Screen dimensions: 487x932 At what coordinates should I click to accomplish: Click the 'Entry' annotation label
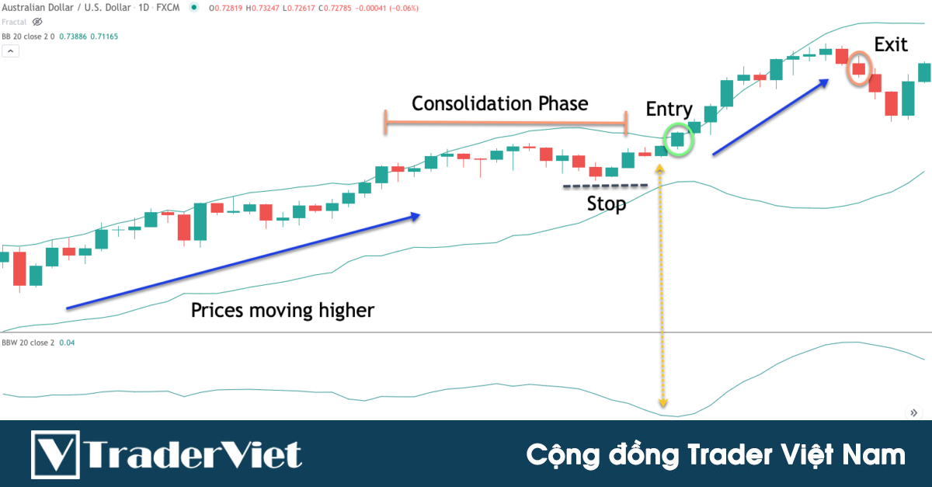(669, 110)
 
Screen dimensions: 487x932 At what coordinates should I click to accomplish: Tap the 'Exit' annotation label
(891, 44)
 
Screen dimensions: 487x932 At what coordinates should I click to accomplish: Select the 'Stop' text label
(607, 205)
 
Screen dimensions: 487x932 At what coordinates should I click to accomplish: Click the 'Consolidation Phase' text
(499, 103)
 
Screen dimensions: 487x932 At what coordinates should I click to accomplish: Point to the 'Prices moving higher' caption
(283, 311)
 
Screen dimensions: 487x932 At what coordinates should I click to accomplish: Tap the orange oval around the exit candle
(858, 69)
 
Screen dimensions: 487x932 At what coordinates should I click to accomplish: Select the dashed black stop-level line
(605, 186)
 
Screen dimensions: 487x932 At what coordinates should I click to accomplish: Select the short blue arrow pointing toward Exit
(770, 117)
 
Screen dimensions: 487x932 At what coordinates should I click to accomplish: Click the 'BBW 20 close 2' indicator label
(28, 343)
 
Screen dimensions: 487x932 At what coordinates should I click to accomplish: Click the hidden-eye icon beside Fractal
(37, 22)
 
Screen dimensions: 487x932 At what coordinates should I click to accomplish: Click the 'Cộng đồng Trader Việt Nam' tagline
(715, 455)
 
